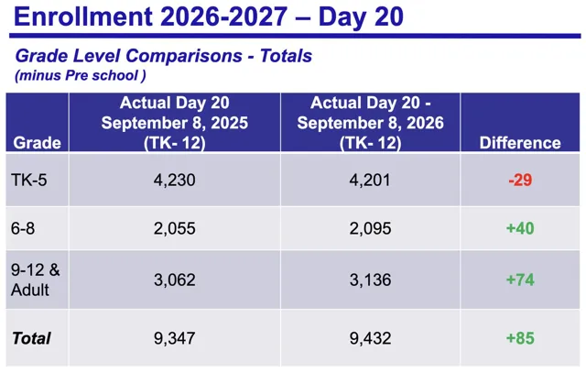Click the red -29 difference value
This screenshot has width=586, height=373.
(520, 180)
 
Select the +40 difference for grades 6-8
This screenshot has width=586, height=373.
(520, 228)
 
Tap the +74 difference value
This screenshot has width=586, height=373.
(520, 280)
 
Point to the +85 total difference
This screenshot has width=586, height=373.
(520, 338)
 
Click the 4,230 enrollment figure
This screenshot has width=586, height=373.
(175, 181)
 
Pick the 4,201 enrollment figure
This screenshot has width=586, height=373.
(370, 181)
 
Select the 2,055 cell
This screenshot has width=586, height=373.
(175, 228)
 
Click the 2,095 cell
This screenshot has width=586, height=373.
(370, 228)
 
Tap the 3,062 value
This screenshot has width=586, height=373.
(175, 280)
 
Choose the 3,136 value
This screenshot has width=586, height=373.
(370, 280)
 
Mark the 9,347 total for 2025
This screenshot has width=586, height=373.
(175, 338)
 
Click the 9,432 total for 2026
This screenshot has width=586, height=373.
(370, 338)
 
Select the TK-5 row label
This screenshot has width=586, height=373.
(29, 180)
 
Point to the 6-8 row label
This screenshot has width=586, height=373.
(23, 228)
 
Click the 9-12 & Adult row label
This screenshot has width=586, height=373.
(35, 280)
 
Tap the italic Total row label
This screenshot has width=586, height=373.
(31, 338)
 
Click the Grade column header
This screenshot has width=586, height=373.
(37, 143)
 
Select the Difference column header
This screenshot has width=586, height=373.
(520, 143)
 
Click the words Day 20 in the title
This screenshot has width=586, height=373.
(361, 16)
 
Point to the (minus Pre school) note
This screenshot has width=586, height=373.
(81, 75)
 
